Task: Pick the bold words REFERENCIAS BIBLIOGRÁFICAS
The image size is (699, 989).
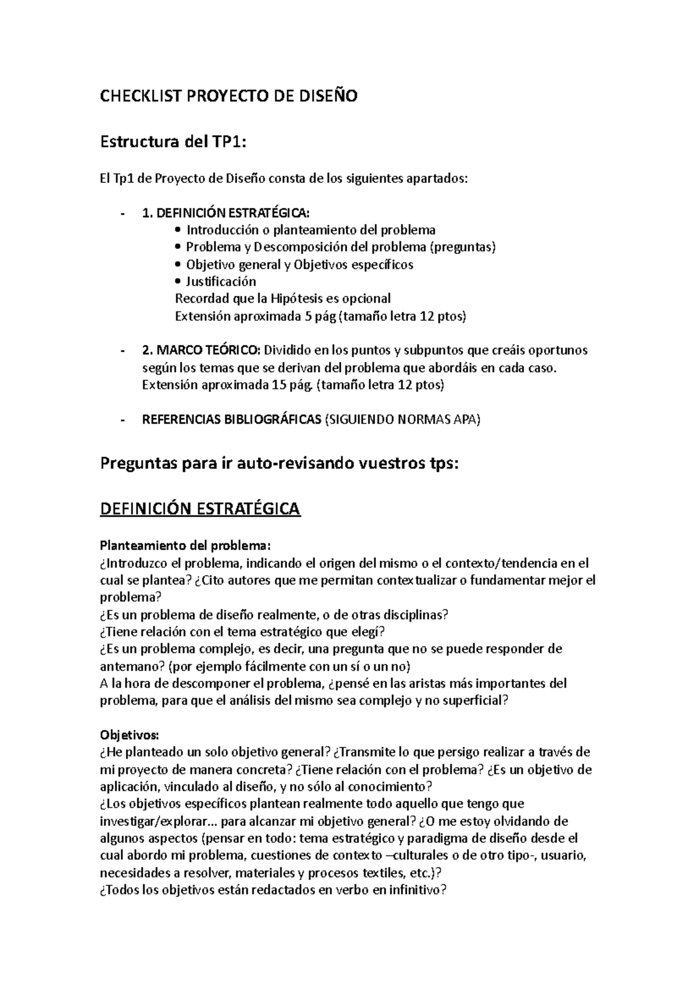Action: point(231,420)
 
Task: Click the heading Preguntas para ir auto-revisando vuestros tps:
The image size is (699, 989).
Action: point(280,464)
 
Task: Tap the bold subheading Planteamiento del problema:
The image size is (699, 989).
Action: point(186,546)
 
